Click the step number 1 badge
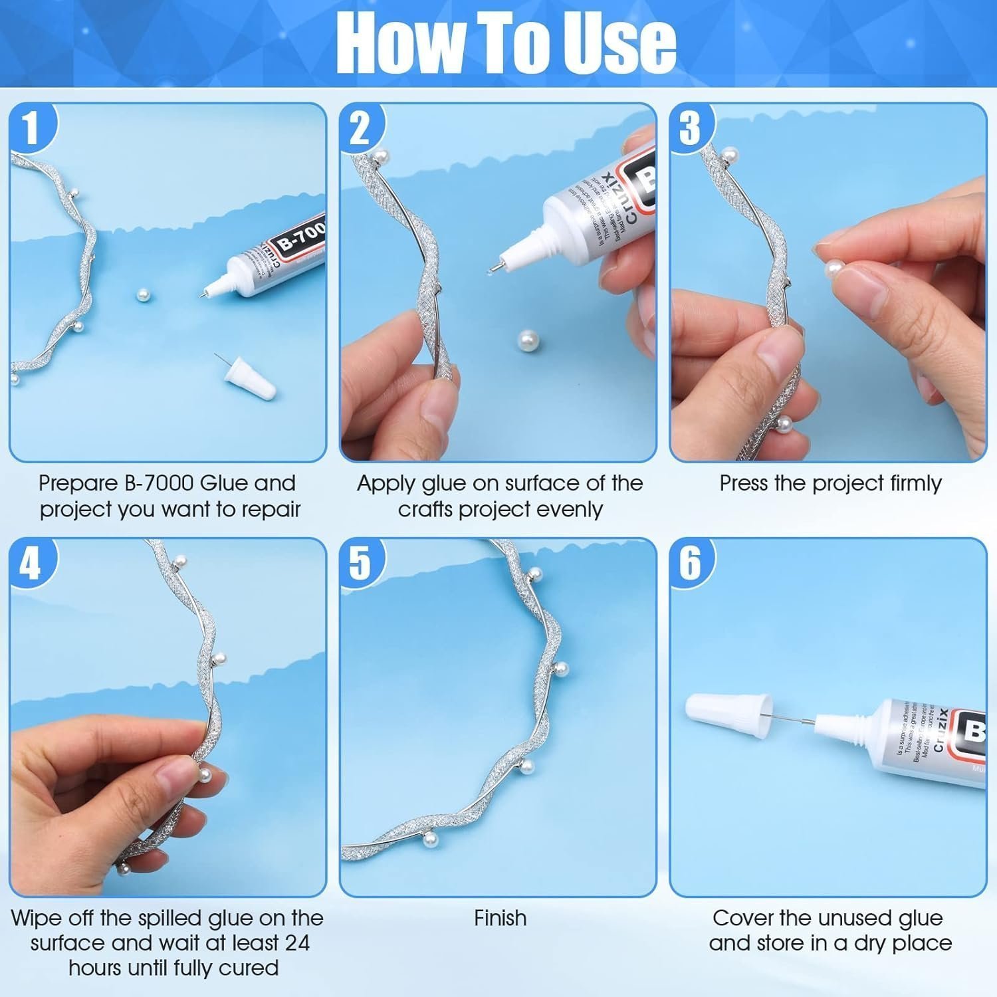tap(31, 128)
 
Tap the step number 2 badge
tap(360, 128)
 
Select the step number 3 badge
tap(690, 128)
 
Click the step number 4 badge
tap(31, 563)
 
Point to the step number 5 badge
tap(360, 563)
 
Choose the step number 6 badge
tap(690, 563)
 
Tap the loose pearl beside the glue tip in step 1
tap(142, 296)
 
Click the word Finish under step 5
tap(500, 918)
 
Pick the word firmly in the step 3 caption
tap(913, 483)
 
